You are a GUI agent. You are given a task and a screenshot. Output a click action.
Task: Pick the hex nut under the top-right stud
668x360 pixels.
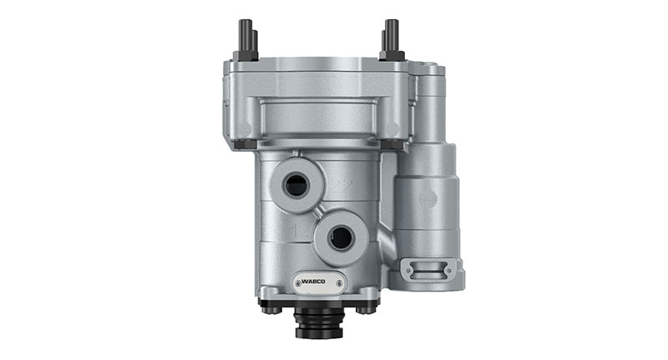point(392,56)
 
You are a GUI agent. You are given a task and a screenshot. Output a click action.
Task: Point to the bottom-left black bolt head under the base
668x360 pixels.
point(268,309)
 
